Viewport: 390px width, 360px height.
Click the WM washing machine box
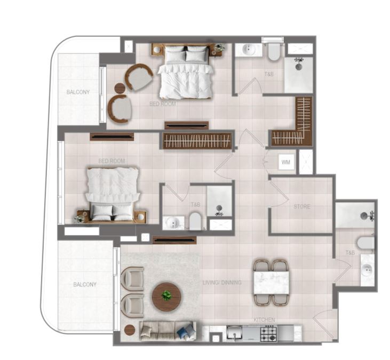[286, 162]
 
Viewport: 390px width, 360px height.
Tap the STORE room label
[301, 206]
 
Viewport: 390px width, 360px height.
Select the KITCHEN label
[264, 319]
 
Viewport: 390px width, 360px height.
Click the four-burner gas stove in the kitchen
[268, 334]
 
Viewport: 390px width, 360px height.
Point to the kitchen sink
[234, 333]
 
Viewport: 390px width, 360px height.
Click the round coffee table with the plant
[166, 297]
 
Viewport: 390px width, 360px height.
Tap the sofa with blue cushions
[168, 331]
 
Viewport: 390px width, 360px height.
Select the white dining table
[272, 283]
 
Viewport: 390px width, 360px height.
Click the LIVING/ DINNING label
[222, 283]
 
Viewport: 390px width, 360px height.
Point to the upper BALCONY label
[78, 92]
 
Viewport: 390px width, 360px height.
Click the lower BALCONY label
[85, 284]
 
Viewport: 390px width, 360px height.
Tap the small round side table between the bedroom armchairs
[121, 88]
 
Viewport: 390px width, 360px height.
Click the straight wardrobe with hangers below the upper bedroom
[197, 141]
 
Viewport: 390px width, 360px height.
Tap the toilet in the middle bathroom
[195, 221]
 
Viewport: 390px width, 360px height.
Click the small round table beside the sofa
[129, 330]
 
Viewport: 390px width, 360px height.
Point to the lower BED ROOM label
[112, 161]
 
